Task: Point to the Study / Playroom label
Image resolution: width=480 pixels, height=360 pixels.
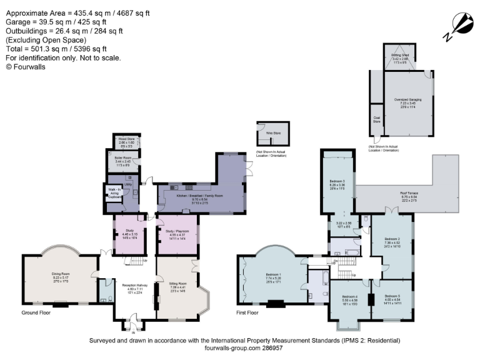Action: [x=178, y=235]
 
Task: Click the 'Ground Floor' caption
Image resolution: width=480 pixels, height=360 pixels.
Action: [x=36, y=312]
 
